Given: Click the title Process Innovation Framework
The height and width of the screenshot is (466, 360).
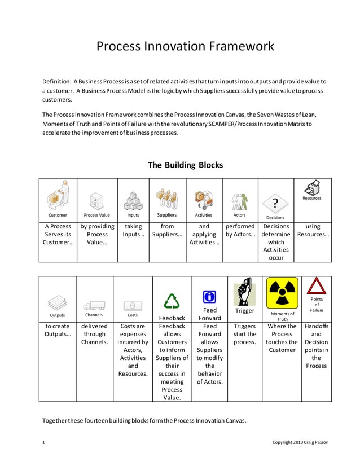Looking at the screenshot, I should tap(185, 46).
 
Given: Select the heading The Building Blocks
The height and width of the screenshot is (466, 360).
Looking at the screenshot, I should tap(185, 165).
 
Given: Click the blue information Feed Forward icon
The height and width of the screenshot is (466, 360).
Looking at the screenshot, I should tap(209, 296).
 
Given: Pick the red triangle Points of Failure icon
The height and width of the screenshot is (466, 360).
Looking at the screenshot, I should tap(316, 286).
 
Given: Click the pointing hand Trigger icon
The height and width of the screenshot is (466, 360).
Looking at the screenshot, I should tap(244, 292).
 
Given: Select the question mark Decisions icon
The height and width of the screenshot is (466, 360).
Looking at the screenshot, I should tap(275, 204).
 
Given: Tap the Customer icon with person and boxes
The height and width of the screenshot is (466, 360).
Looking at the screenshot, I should tap(58, 197).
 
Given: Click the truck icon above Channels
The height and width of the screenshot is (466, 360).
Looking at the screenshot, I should tap(94, 306).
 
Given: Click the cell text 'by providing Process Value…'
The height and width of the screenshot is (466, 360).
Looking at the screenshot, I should tap(97, 234).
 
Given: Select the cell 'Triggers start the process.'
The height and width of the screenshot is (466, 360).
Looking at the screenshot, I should tap(244, 334).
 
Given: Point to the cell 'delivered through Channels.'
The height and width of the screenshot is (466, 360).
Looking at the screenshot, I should tap(94, 334).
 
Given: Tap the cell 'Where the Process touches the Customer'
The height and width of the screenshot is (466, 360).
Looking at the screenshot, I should tap(282, 338).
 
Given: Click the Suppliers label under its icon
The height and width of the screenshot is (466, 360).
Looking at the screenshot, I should tap(167, 215).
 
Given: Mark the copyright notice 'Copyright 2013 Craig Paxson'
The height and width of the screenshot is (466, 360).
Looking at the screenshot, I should tap(300, 442).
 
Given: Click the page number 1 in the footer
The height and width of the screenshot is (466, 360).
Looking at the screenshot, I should tap(44, 442).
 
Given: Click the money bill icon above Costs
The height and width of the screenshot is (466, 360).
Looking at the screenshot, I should tap(132, 305).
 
